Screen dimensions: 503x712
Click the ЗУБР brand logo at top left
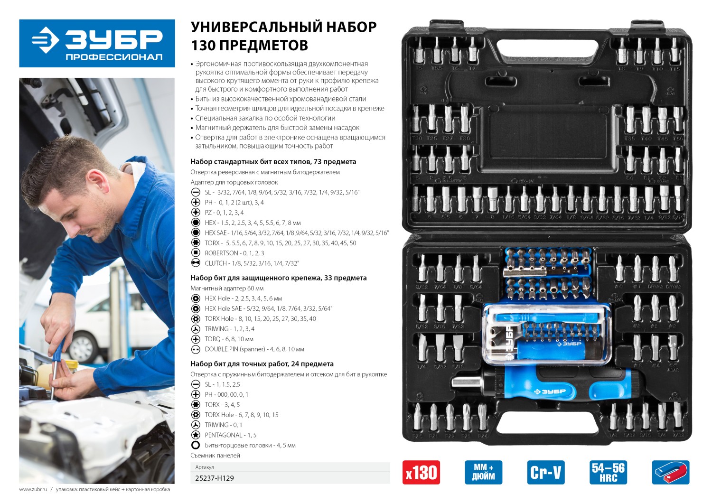click(97, 43)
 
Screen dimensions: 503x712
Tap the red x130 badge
click(421, 473)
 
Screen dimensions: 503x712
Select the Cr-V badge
click(546, 473)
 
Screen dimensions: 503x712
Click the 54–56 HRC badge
click(608, 473)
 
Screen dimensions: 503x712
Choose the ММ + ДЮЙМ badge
click(483, 473)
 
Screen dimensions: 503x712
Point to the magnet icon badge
click(670, 473)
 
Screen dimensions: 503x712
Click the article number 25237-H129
click(215, 478)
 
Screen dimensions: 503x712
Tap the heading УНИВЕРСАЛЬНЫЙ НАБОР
click(283, 27)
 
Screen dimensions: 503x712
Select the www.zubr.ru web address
click(33, 489)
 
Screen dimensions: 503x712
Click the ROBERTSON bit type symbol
click(195, 253)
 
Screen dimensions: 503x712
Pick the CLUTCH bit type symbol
click(195, 263)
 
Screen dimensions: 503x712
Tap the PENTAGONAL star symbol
click(195, 435)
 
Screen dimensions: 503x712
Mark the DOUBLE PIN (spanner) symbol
click(195, 349)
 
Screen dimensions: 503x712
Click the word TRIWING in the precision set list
click(216, 425)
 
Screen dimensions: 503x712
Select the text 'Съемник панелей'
click(215, 456)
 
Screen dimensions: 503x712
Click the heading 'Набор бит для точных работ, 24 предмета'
click(262, 364)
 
